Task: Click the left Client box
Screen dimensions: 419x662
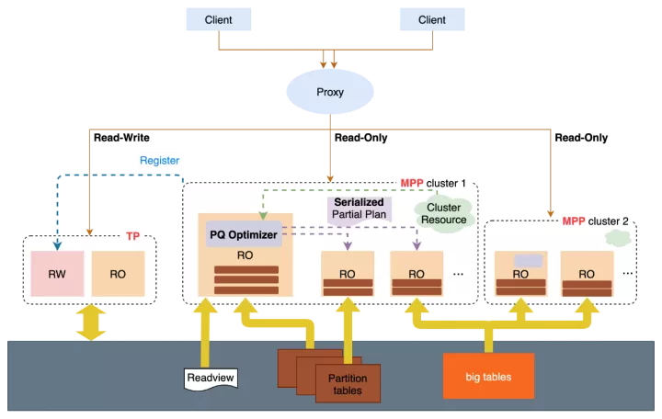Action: pyautogui.click(x=219, y=19)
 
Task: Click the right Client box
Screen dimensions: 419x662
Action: pyautogui.click(x=432, y=19)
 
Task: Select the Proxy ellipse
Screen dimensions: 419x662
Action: pyautogui.click(x=329, y=92)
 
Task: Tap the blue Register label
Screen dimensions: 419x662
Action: pyautogui.click(x=159, y=161)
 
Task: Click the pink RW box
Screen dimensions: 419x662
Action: pyautogui.click(x=57, y=274)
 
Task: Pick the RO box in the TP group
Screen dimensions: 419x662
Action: pyautogui.click(x=119, y=274)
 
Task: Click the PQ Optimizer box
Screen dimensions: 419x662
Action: pyautogui.click(x=244, y=235)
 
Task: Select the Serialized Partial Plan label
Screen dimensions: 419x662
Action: pyautogui.click(x=360, y=209)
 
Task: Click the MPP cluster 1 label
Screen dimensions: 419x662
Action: pyautogui.click(x=433, y=183)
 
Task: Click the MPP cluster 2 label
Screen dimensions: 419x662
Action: pyautogui.click(x=596, y=221)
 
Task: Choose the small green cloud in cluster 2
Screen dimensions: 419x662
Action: pyautogui.click(x=618, y=238)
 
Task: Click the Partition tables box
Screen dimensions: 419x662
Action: pyautogui.click(x=347, y=384)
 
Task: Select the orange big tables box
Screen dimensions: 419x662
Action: pyautogui.click(x=488, y=377)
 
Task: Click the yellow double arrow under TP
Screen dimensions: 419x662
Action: pyautogui.click(x=90, y=323)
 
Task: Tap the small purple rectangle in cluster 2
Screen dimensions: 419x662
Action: pyautogui.click(x=528, y=261)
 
